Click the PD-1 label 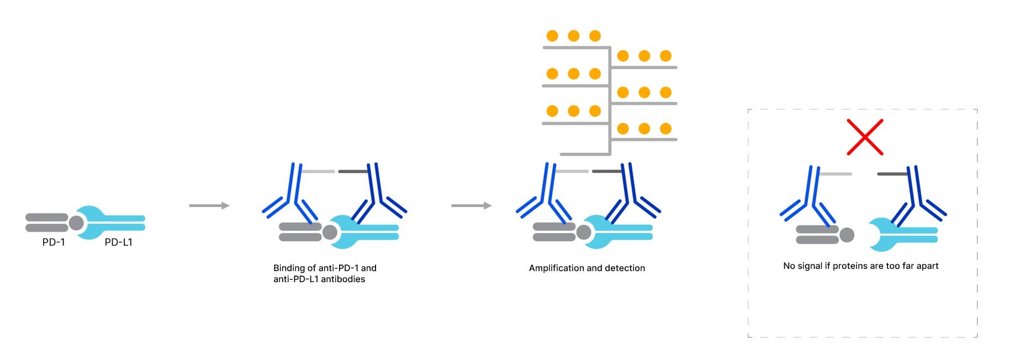tap(54, 242)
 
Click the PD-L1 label tap(118, 242)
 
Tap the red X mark tap(865, 137)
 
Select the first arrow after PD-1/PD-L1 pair tap(209, 206)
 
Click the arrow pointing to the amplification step tap(471, 206)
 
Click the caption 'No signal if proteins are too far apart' tap(860, 266)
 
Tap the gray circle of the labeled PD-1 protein tap(76, 223)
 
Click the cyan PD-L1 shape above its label tap(110, 223)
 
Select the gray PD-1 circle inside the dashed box tap(847, 235)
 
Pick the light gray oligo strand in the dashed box tap(835, 174)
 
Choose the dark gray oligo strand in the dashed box tap(892, 174)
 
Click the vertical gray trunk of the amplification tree tap(610, 99)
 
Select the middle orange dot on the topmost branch tap(573, 36)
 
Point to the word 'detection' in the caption tap(625, 268)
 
